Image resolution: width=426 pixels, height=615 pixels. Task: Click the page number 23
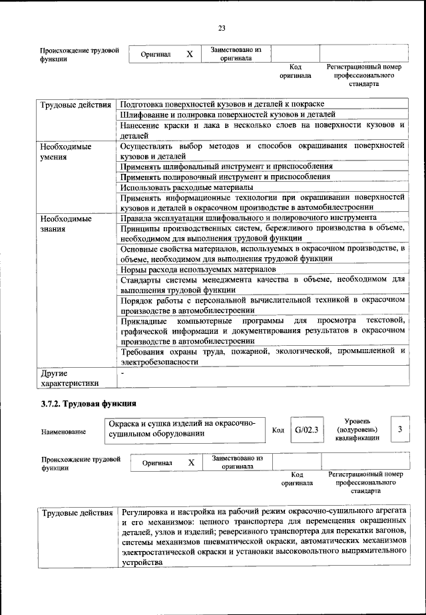(x=222, y=27)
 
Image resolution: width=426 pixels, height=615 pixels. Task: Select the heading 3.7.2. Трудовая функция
(x=89, y=403)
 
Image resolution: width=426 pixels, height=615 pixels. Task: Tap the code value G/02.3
(x=307, y=430)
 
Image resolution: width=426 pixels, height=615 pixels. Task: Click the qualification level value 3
(x=399, y=430)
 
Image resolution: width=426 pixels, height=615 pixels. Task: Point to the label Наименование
(x=63, y=432)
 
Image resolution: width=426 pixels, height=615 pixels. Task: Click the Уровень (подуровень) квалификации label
(x=363, y=430)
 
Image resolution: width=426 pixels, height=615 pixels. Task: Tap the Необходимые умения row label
(x=65, y=151)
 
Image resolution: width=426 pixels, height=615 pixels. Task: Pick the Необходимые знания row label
(x=65, y=223)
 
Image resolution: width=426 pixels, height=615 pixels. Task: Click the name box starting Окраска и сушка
(x=184, y=429)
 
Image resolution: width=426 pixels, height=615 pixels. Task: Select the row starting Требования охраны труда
(x=262, y=356)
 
